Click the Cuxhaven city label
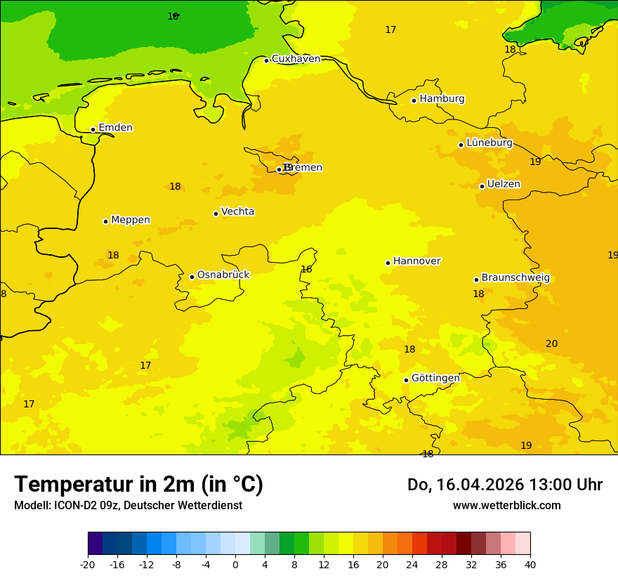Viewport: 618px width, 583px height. click(x=296, y=59)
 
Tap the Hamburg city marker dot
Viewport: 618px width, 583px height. click(x=414, y=100)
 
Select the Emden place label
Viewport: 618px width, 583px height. click(x=115, y=128)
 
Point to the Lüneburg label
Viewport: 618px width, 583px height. click(x=489, y=143)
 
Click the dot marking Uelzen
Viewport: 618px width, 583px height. click(x=482, y=186)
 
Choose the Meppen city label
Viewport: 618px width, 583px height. click(x=130, y=220)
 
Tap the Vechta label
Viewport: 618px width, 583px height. click(x=237, y=211)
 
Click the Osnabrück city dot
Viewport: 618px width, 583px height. click(x=192, y=277)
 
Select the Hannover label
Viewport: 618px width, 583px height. click(x=416, y=261)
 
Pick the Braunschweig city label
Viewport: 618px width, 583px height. click(x=515, y=278)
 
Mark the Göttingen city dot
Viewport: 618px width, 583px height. click(x=406, y=380)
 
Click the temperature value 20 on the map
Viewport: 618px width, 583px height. click(x=552, y=343)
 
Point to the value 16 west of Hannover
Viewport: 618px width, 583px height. click(x=306, y=269)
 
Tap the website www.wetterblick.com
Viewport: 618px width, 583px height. click(x=506, y=506)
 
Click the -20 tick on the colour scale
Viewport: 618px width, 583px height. click(x=88, y=564)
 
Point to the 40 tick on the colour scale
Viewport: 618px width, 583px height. click(x=530, y=564)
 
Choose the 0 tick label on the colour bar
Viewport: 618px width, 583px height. click(x=235, y=564)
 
